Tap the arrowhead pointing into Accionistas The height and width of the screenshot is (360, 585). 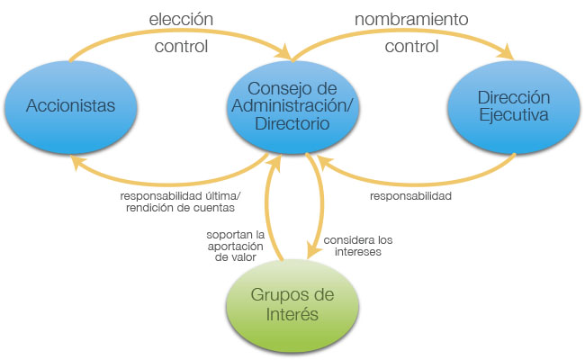tap(79, 158)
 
